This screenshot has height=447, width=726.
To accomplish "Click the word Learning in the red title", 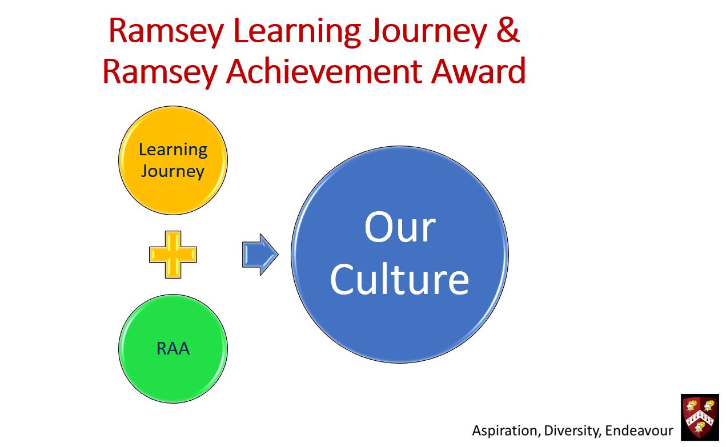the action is pos(297,33).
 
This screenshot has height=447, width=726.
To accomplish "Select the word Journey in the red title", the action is pos(428,33).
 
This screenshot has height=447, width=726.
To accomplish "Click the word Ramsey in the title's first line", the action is pos(166,33).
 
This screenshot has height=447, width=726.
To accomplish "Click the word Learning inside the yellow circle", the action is pos(173,151).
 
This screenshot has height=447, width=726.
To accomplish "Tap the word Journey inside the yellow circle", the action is pos(173,172).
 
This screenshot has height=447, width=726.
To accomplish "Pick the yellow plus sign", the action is pos(173,254).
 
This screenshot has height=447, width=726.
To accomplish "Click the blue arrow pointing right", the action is pos(260,255).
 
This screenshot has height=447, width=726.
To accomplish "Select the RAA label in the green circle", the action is pos(173,349).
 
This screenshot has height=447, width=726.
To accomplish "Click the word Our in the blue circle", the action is pos(400,227).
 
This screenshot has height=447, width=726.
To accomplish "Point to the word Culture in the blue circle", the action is pos(399,279).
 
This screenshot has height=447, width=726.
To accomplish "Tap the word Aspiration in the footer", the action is pos(506,431).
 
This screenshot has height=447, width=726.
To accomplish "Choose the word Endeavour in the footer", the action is pos(639,431).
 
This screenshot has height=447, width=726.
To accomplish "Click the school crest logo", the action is pos(700,417).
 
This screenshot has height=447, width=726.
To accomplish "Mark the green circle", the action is pos(173,349).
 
